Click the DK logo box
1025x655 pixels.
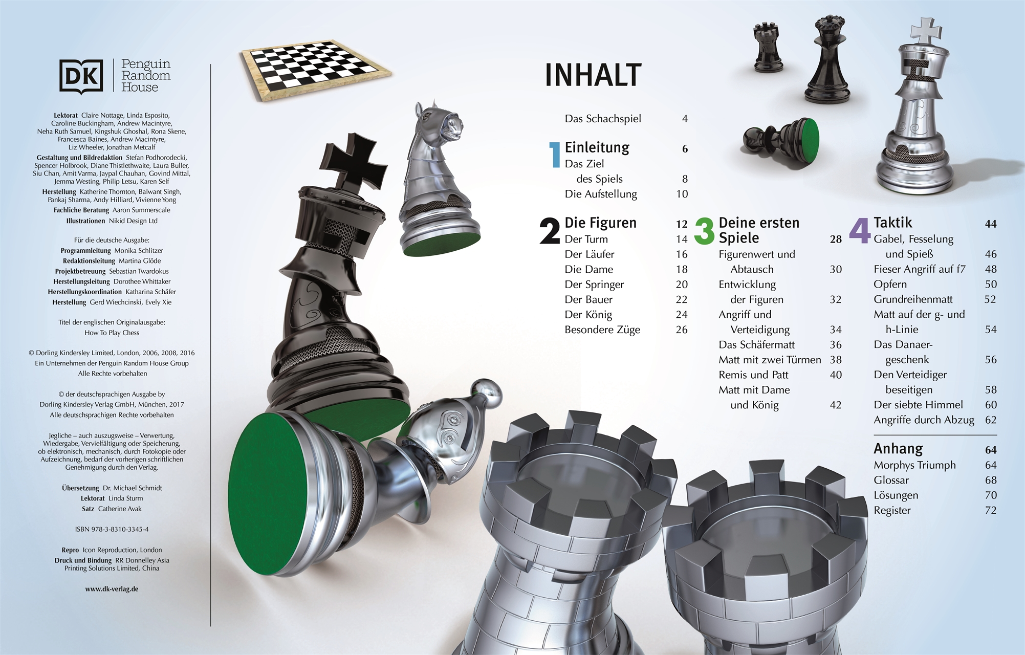tap(81, 77)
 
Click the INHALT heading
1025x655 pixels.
tap(593, 75)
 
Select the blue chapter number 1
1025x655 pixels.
tap(554, 155)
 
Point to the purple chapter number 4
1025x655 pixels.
tap(860, 231)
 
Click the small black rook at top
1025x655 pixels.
tap(767, 46)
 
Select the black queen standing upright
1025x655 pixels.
tap(824, 60)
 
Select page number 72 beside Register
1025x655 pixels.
tap(991, 510)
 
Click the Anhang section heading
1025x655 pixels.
tap(898, 449)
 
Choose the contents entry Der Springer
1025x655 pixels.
tap(594, 285)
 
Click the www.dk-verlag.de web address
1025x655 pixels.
tap(112, 589)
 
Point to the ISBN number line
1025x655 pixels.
tap(112, 529)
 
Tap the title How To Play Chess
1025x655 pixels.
tap(112, 333)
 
